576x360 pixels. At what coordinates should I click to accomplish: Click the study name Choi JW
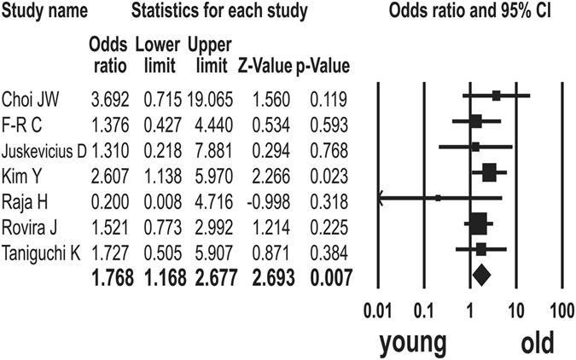[31, 97]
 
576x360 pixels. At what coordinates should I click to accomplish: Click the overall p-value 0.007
[333, 275]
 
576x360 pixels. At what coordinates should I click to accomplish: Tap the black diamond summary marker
[481, 275]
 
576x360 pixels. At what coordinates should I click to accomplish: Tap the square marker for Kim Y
[489, 173]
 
